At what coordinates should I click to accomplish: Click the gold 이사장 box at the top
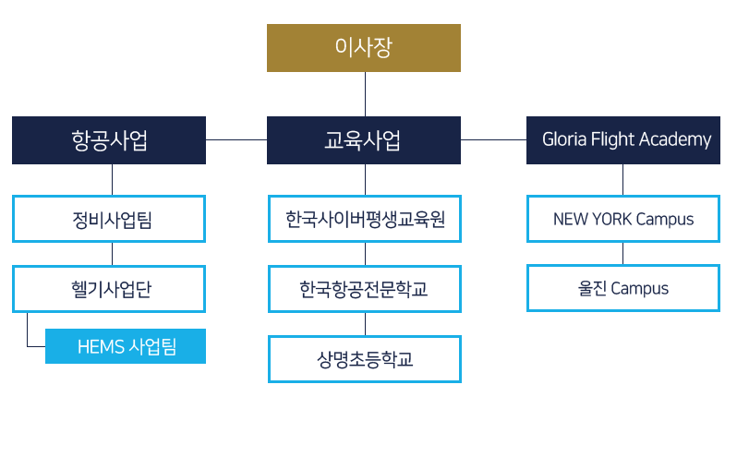tap(364, 48)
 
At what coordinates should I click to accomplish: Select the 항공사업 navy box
tap(109, 140)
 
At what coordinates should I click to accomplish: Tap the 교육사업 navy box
tap(364, 140)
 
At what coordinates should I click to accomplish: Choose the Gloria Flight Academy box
tap(623, 140)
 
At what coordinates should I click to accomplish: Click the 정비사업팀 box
tap(109, 220)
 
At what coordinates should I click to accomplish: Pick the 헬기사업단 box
tap(109, 289)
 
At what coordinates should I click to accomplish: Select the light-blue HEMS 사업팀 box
tap(126, 347)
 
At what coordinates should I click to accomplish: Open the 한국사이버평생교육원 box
tap(364, 220)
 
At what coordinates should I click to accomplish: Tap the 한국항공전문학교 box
tap(364, 289)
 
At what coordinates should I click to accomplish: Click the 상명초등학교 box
tap(364, 359)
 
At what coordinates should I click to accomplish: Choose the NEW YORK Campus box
tap(623, 220)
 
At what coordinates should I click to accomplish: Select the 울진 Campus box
tap(623, 289)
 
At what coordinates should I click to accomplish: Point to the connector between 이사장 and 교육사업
tap(365, 94)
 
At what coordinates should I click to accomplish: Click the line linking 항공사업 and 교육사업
tap(236, 139)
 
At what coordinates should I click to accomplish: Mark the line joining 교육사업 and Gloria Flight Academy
tap(493, 139)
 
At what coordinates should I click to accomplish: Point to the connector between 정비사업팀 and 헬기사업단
tap(112, 254)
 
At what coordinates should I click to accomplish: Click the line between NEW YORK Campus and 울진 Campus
tap(623, 254)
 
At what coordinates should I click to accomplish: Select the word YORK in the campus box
tap(613, 220)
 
